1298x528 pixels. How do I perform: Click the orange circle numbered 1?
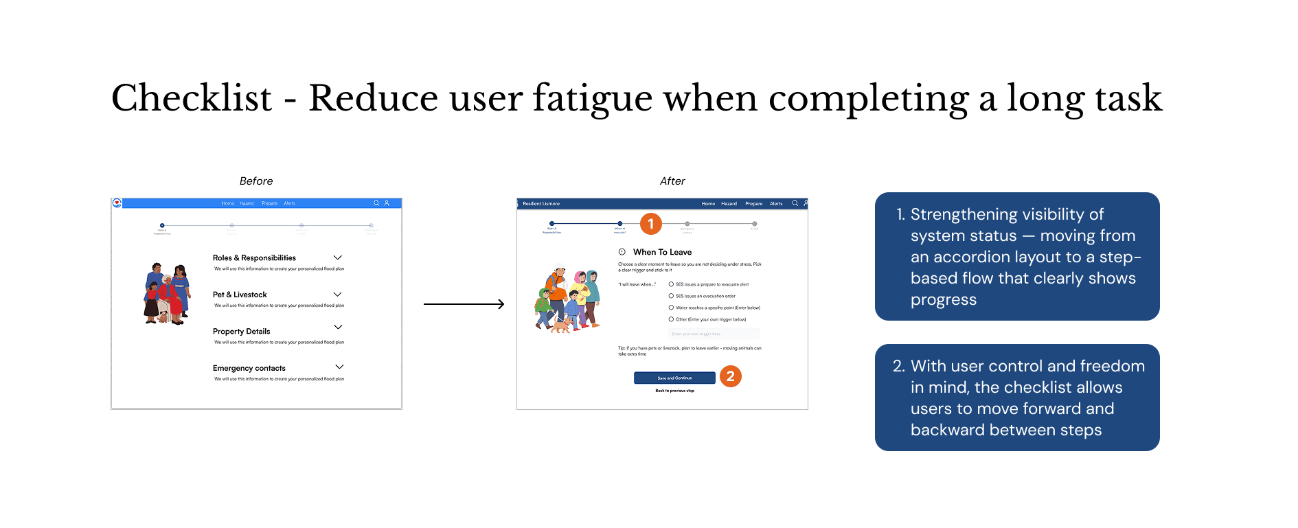651,224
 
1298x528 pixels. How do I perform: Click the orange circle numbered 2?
731,376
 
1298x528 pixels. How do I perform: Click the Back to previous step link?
674,391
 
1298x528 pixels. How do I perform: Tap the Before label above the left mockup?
256,181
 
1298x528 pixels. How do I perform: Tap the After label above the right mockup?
672,181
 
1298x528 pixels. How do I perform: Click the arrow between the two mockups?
464,304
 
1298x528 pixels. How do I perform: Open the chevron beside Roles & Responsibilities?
338,257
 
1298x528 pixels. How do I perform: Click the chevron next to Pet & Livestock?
338,295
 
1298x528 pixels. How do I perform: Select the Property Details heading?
241,332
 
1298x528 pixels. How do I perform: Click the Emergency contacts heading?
249,369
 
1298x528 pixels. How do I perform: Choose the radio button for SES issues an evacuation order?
671,296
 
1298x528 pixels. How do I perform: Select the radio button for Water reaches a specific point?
671,308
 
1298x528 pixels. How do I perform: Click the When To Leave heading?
662,253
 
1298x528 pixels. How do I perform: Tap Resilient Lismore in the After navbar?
541,204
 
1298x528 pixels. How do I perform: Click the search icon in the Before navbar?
376,203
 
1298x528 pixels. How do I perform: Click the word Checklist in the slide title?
192,98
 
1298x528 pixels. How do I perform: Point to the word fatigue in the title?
592,98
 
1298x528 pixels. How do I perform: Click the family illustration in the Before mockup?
167,293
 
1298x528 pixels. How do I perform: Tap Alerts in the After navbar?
776,204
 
